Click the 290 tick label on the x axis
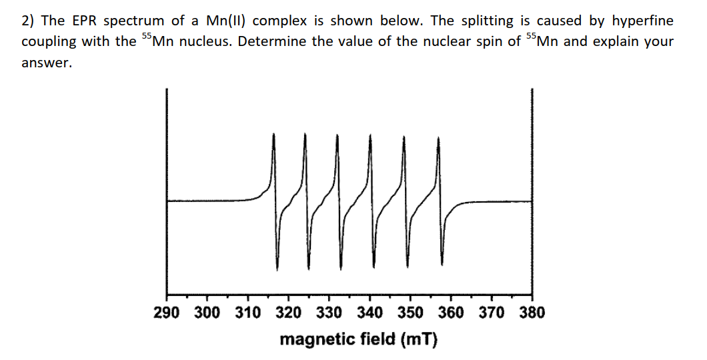click(167, 312)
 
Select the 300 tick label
click(207, 312)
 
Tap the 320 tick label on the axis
click(288, 312)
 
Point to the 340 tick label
click(370, 312)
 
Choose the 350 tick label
click(410, 312)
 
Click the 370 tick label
click(492, 312)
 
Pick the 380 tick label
click(532, 312)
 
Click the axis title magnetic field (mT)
click(359, 339)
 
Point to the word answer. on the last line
click(46, 64)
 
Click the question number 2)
click(28, 21)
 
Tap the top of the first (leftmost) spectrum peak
click(273, 134)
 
